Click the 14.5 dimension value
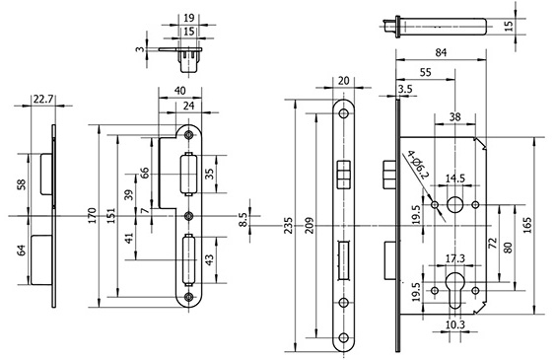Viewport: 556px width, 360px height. click(455, 178)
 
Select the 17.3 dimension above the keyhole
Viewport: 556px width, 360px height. click(455, 257)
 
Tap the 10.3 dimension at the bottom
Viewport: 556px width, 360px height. click(455, 324)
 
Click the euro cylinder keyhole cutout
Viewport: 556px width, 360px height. click(455, 293)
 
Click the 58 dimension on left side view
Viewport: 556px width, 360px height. click(22, 184)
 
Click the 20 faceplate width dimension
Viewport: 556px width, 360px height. click(343, 82)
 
